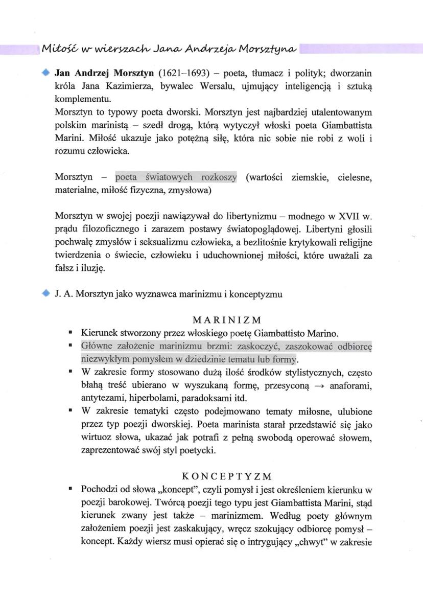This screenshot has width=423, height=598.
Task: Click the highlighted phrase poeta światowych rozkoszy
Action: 176,177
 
